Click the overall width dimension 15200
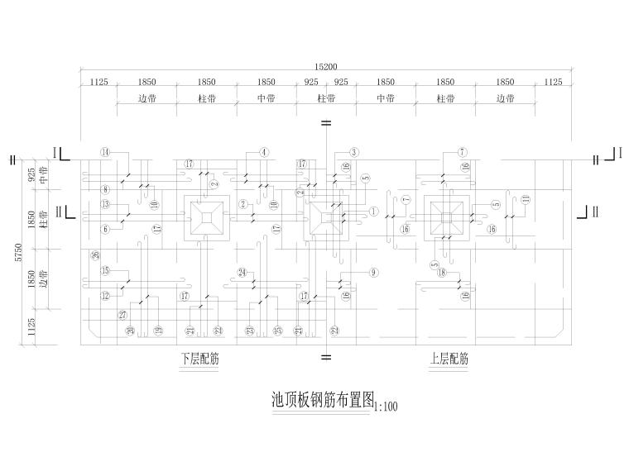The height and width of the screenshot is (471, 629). coord(326,67)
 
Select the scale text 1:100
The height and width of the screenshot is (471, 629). coord(387,407)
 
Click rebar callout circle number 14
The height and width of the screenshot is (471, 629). coord(105,152)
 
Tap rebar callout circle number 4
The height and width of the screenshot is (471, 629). coord(264,152)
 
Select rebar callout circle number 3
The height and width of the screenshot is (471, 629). coord(353,152)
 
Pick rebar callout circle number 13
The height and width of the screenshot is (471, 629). coord(105,204)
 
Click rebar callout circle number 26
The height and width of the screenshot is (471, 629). coord(95,255)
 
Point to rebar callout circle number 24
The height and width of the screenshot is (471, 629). coord(242,272)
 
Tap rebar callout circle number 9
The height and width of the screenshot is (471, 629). coord(373,272)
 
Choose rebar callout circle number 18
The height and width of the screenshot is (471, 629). coord(442,272)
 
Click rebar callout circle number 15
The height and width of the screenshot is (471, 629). coord(105,271)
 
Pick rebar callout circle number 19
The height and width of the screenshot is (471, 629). coord(157,331)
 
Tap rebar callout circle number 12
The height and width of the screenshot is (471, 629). coord(105,295)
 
